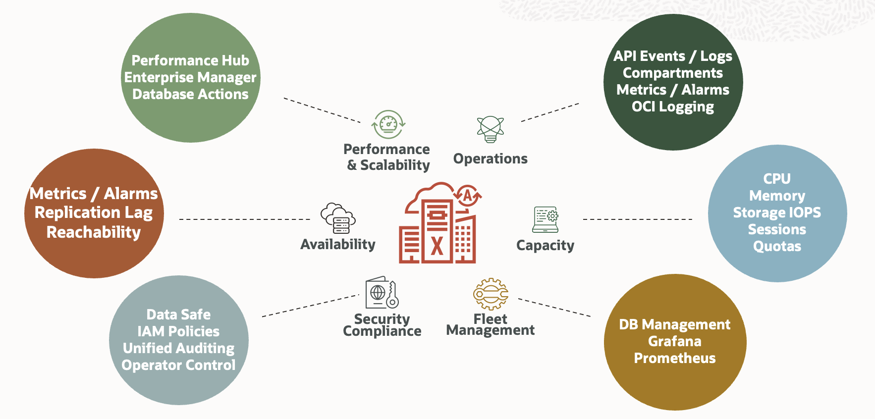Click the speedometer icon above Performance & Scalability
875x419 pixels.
pyautogui.click(x=388, y=124)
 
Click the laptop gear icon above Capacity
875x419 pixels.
pyautogui.click(x=546, y=219)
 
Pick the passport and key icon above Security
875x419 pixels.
pyautogui.click(x=382, y=293)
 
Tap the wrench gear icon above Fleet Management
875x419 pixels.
pyautogui.click(x=491, y=294)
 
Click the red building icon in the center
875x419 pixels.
pyautogui.click(x=437, y=228)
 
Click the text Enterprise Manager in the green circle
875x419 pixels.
pyautogui.click(x=190, y=77)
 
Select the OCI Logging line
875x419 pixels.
pyautogui.click(x=672, y=106)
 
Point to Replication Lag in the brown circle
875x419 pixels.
pyautogui.click(x=94, y=212)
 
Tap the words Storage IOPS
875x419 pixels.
pyautogui.click(x=776, y=212)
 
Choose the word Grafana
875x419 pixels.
pyautogui.click(x=674, y=341)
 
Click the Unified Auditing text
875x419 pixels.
pyautogui.click(x=178, y=348)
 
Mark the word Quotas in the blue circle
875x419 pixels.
pyautogui.click(x=777, y=246)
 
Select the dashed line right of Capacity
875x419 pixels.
pyautogui.click(x=637, y=219)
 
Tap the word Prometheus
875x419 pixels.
pyautogui.click(x=674, y=358)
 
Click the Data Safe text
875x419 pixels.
pyautogui.click(x=178, y=314)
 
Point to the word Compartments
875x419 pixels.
pyautogui.click(x=672, y=73)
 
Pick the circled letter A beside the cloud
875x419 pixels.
pyautogui.click(x=467, y=196)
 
